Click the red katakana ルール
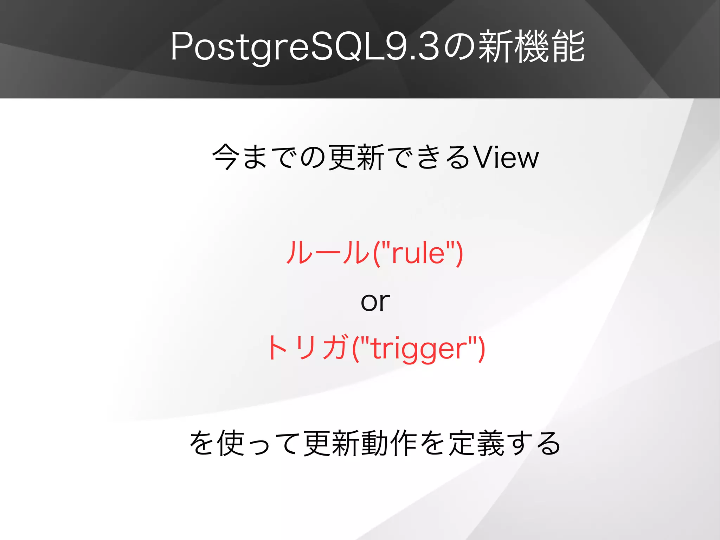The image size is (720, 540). [327, 252]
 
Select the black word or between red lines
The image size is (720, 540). [375, 301]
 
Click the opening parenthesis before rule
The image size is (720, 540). [376, 253]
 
